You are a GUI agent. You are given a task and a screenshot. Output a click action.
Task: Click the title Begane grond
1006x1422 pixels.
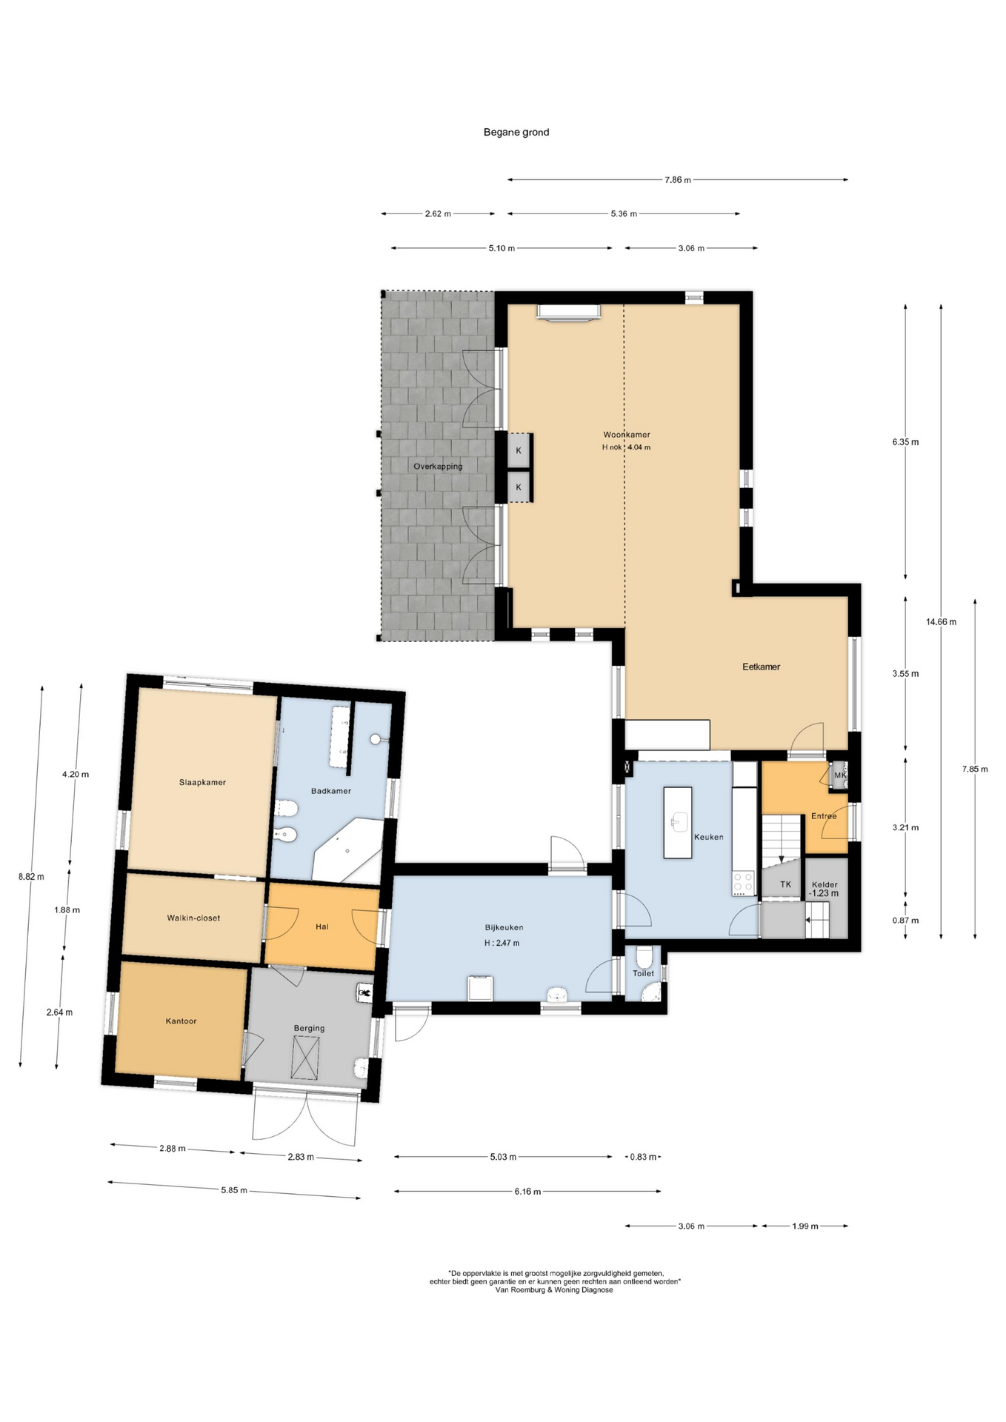(516, 133)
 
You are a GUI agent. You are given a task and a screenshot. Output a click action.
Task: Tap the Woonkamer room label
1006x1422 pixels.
(627, 435)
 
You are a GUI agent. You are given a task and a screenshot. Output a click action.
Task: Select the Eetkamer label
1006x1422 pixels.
(762, 667)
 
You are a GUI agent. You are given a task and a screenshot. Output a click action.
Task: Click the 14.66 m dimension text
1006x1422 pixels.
(941, 622)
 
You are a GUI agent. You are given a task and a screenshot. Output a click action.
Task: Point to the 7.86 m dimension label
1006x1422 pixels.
(678, 180)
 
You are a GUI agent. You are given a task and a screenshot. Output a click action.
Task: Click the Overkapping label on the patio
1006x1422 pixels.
(438, 467)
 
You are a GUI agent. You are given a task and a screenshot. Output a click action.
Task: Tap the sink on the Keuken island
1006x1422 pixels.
(678, 821)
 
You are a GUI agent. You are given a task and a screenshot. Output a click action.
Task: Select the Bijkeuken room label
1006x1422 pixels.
(504, 927)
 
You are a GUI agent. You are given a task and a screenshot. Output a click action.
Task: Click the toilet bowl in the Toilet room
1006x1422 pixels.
(644, 957)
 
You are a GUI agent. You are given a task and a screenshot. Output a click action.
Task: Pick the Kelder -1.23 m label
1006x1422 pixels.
(825, 889)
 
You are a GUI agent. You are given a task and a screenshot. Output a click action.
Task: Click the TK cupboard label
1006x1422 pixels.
(786, 884)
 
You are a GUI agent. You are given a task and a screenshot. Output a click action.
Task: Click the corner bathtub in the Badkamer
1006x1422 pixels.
(347, 850)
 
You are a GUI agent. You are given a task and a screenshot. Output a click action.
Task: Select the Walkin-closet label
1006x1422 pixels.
(193, 918)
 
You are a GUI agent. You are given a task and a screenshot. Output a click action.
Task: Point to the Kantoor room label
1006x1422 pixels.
(181, 1021)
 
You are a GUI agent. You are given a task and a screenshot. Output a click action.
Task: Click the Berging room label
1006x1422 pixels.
(309, 1028)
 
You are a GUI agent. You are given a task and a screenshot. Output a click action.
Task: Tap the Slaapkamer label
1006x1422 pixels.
(202, 782)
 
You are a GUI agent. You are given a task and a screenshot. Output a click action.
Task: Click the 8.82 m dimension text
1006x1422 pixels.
(31, 877)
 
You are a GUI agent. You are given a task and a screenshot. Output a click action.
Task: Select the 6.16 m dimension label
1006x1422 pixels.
(527, 1192)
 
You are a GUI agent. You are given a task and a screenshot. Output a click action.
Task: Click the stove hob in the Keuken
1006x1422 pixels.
(743, 884)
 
